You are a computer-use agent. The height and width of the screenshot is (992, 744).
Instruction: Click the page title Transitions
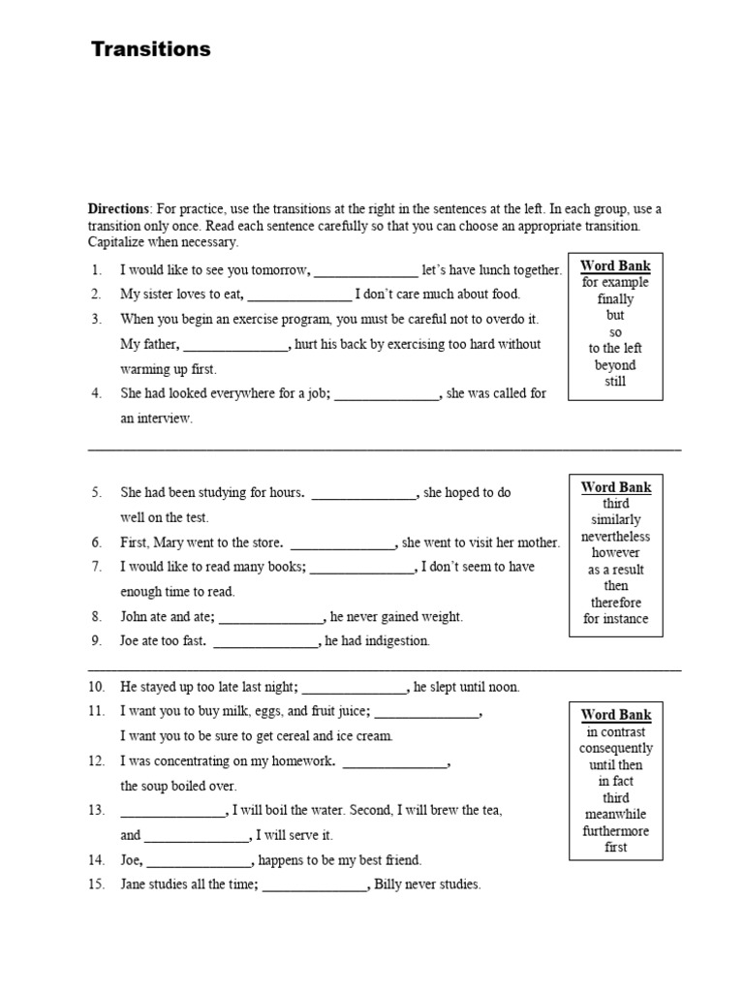pyautogui.click(x=150, y=49)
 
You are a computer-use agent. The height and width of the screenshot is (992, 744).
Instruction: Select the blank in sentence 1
pyautogui.click(x=366, y=271)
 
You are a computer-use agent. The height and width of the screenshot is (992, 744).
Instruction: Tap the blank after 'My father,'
pyautogui.click(x=235, y=345)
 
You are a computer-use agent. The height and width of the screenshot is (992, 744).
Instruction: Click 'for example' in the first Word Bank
pyautogui.click(x=615, y=282)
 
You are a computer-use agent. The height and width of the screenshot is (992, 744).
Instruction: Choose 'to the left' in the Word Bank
pyautogui.click(x=615, y=348)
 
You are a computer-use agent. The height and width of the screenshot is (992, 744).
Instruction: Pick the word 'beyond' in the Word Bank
pyautogui.click(x=615, y=365)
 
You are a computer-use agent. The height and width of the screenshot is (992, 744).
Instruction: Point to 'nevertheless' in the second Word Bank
pyautogui.click(x=615, y=537)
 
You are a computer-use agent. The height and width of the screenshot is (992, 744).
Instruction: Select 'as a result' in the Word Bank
pyautogui.click(x=615, y=570)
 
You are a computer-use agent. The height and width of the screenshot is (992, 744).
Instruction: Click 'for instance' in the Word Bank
pyautogui.click(x=615, y=619)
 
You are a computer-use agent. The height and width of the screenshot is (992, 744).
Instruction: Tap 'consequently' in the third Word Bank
pyautogui.click(x=615, y=749)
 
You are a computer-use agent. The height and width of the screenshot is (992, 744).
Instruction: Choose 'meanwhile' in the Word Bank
pyautogui.click(x=615, y=815)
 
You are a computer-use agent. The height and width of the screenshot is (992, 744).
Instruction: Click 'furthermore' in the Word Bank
pyautogui.click(x=615, y=831)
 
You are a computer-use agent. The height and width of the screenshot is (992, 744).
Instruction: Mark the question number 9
pyautogui.click(x=97, y=641)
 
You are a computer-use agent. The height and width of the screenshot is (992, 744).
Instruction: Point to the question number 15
pyautogui.click(x=96, y=884)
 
